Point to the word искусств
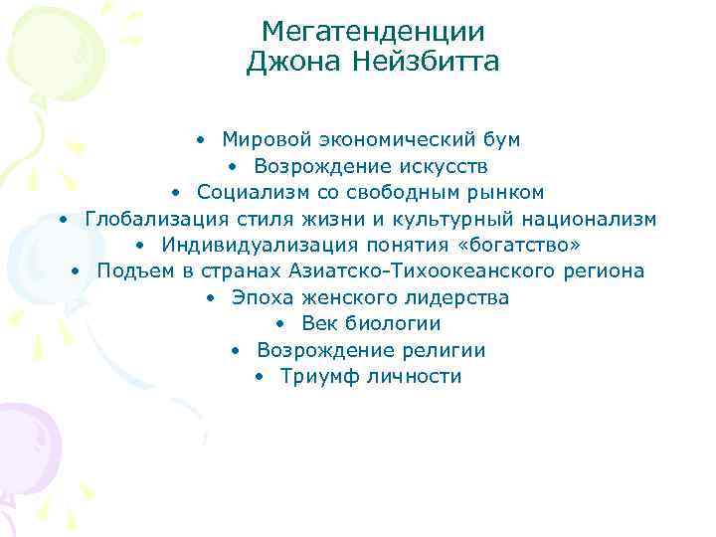click(x=443, y=165)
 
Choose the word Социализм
click(x=243, y=192)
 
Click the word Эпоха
click(x=258, y=297)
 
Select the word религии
click(x=445, y=350)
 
